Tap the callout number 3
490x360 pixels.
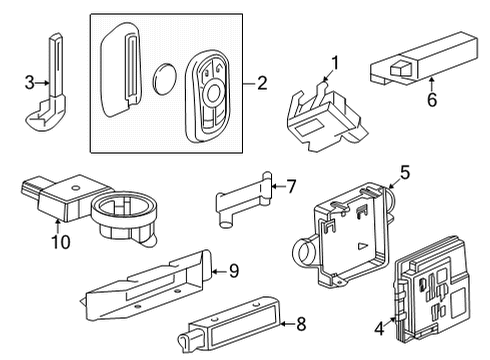[30, 80]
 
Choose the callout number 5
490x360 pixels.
[405, 172]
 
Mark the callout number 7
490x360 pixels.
[292, 185]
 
